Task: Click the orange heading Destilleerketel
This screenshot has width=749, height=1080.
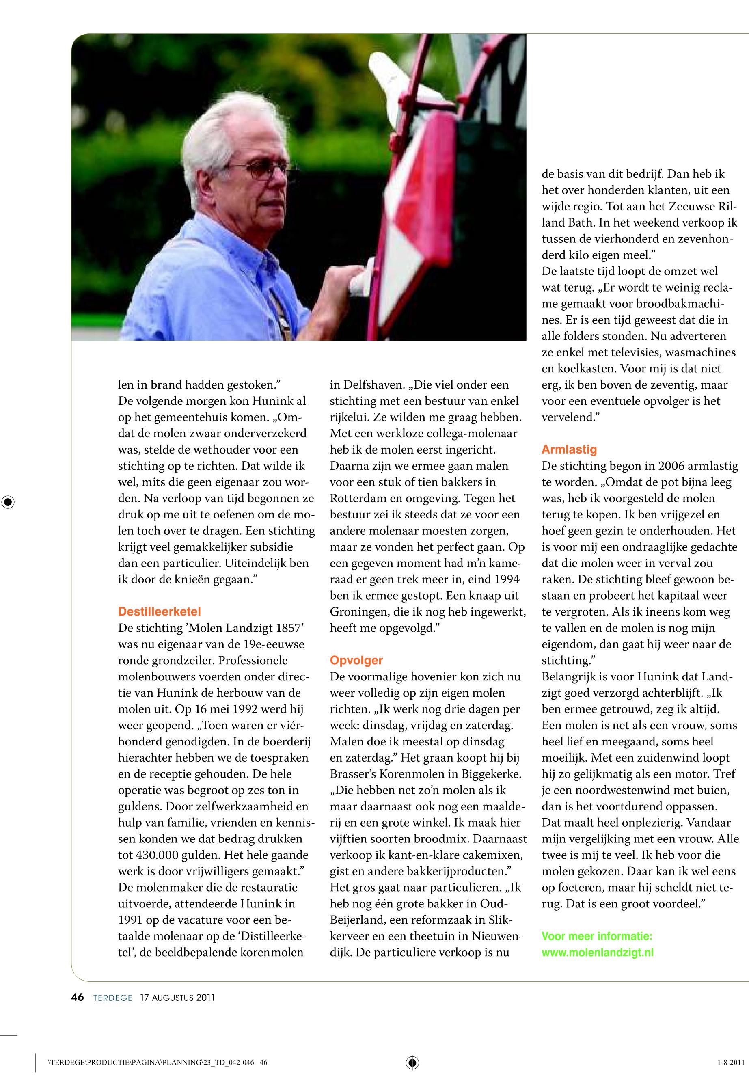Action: (x=159, y=611)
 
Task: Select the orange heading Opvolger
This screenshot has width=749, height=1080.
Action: (x=356, y=661)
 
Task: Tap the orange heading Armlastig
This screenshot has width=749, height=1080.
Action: (x=569, y=449)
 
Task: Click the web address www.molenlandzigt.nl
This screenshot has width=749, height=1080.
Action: (x=598, y=953)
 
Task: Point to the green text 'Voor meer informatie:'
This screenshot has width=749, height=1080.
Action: (x=596, y=936)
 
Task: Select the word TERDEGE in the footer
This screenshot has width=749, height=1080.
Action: (x=112, y=998)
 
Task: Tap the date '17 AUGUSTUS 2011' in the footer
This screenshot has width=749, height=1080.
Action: (x=177, y=998)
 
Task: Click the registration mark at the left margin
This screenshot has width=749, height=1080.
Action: (x=8, y=502)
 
